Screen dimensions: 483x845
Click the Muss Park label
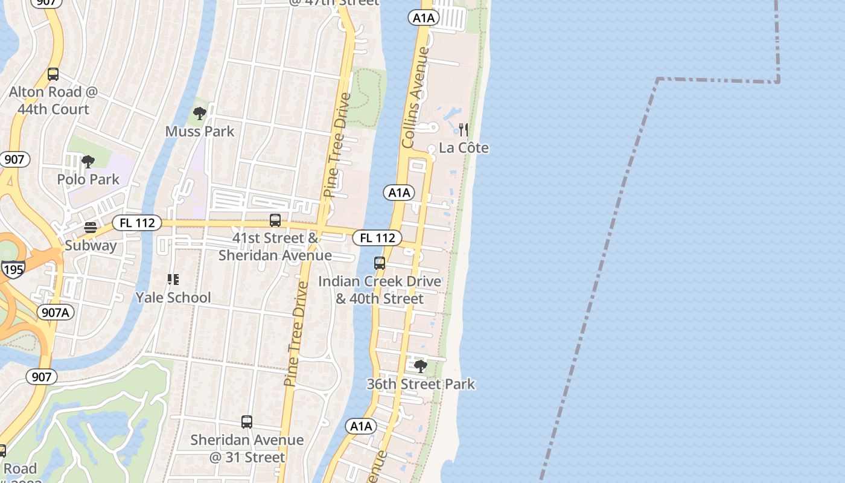(200, 131)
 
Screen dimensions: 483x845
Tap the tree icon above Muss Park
(199, 113)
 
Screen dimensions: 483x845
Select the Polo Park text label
(88, 179)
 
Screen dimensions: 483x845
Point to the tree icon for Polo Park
(88, 161)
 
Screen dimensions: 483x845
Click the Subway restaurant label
(91, 246)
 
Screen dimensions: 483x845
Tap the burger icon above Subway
(91, 228)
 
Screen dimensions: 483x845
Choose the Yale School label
(173, 298)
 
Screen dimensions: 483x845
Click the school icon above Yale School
(173, 280)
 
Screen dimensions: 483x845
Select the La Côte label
(464, 148)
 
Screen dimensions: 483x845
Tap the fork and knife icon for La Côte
(464, 129)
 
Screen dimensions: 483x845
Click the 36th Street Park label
(421, 384)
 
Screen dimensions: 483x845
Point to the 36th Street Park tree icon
(420, 366)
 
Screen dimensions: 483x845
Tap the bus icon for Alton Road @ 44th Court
(53, 74)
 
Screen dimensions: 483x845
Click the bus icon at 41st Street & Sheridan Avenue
(275, 220)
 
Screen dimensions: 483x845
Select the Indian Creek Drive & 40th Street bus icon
(380, 263)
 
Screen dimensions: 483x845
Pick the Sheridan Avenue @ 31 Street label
(247, 449)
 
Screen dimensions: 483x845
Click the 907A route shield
(56, 312)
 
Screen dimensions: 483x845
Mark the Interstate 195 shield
(12, 269)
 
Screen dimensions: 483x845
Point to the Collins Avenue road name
(416, 97)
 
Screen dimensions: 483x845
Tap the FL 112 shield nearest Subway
(137, 223)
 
